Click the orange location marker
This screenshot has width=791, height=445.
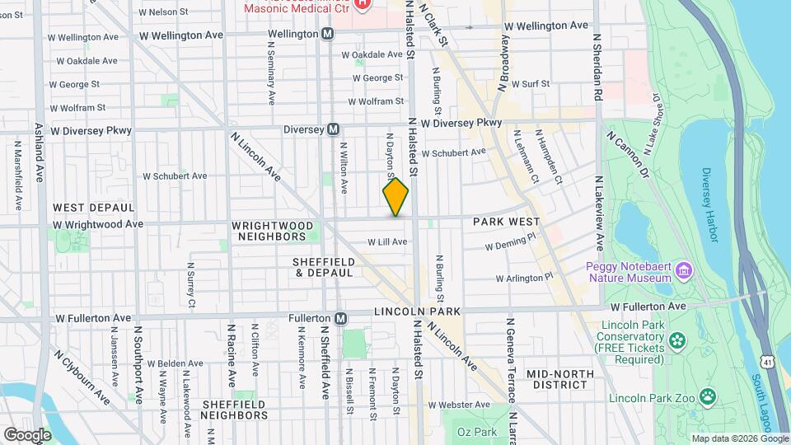point(395,196)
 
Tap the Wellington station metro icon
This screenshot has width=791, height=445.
point(328,34)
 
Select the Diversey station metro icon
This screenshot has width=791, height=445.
point(334,129)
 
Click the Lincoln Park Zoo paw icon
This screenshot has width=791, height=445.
point(708,397)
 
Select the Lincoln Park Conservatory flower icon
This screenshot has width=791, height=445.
point(676,340)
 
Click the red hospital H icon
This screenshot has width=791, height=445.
point(362,4)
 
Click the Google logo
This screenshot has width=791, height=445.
point(27,434)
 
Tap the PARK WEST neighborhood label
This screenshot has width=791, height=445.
point(506,222)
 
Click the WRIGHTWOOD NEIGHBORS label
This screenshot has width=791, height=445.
point(273,231)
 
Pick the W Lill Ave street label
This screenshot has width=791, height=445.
point(387,241)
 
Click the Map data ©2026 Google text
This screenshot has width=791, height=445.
point(739,438)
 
